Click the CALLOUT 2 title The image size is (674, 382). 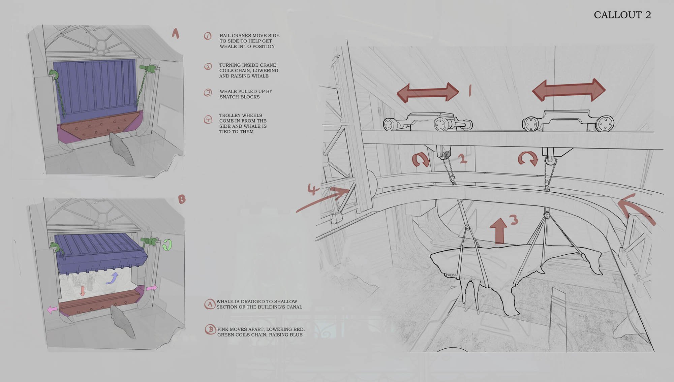point(622,15)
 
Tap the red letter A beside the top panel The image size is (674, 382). point(176,33)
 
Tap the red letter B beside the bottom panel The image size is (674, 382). point(182,199)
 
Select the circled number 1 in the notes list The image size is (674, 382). point(208,36)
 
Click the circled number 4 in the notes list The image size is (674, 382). point(208,120)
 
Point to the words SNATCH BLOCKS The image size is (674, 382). point(240,97)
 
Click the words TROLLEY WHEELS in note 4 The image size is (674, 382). point(240,115)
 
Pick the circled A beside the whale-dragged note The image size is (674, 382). point(210,304)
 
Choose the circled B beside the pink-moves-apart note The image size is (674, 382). point(210,329)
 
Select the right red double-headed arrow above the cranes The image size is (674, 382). point(569,90)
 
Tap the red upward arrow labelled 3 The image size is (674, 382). point(499,231)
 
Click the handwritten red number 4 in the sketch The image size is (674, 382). point(313,189)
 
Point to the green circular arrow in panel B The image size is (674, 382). point(167,245)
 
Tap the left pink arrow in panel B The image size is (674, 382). point(52,309)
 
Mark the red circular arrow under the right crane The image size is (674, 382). point(528,159)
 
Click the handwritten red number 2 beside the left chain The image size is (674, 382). point(463,158)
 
